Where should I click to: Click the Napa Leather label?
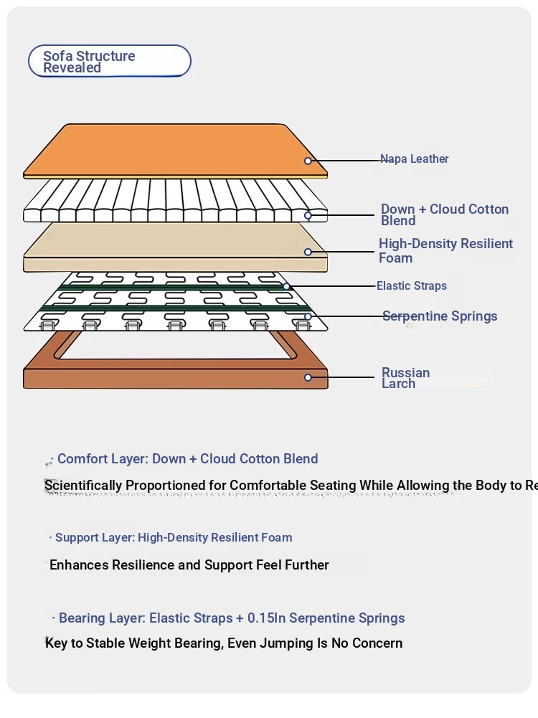pos(415,159)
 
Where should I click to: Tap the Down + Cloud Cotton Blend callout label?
pos(444,214)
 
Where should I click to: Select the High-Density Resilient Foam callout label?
pos(445,250)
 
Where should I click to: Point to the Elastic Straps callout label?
pos(412,286)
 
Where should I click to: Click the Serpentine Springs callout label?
pos(440,316)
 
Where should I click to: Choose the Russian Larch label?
pos(405,378)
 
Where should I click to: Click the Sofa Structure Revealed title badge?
pos(109,62)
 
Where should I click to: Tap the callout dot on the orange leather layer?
pos(308,161)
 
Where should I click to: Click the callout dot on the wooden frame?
pos(308,377)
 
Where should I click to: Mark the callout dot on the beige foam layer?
pos(308,252)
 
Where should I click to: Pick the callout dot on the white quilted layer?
pos(308,215)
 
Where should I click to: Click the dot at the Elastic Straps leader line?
pos(286,286)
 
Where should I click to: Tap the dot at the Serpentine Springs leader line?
pos(308,316)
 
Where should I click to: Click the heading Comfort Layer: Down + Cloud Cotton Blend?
pos(187,459)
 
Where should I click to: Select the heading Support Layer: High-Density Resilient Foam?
pos(174,537)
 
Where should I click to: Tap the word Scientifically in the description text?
pos(83,486)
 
